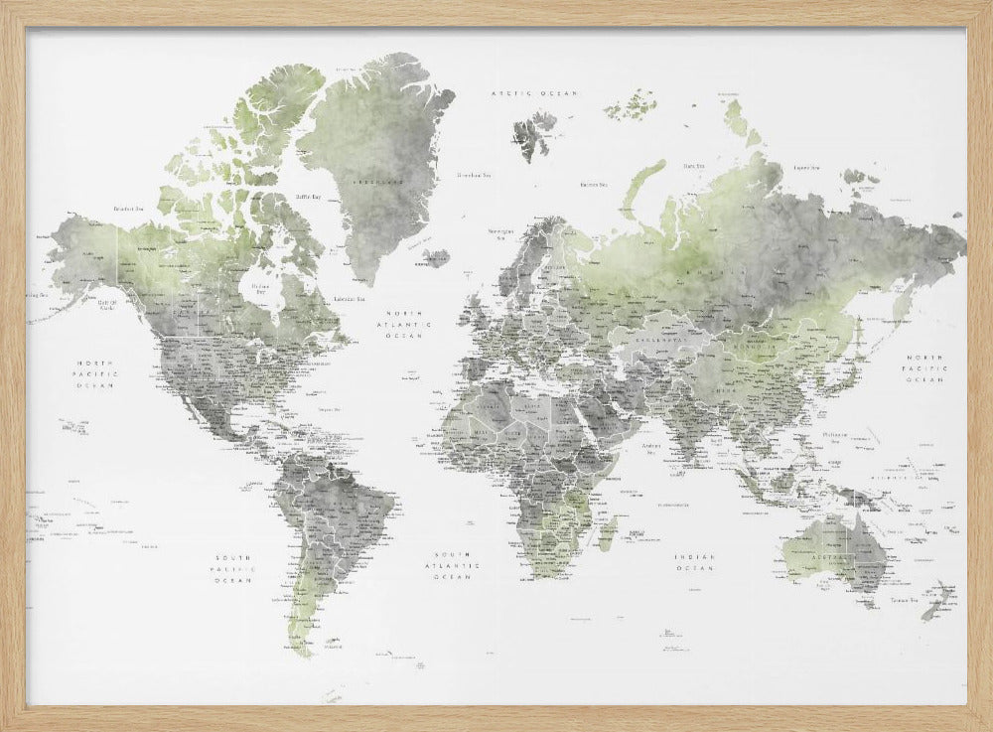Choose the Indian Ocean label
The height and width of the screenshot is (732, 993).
click(x=694, y=563)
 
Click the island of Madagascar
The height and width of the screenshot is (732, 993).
click(x=602, y=532)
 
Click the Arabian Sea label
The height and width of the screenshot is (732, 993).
click(x=652, y=447)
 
